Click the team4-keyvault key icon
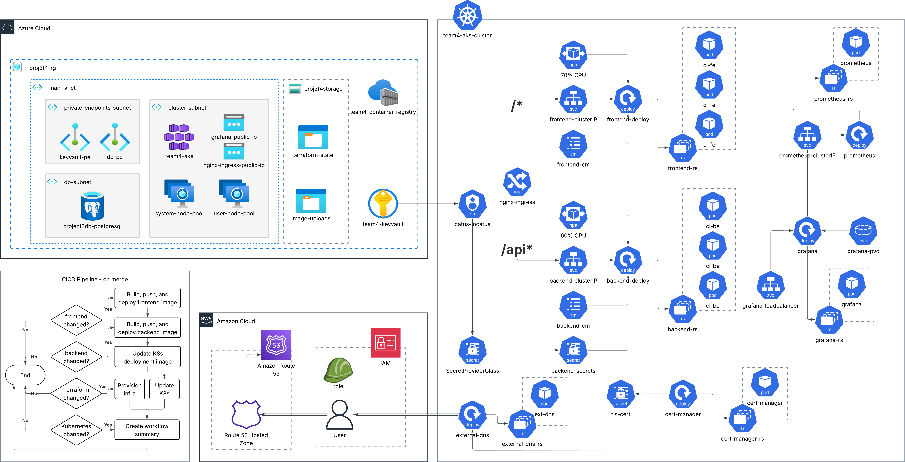pyautogui.click(x=383, y=204)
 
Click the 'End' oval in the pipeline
pyautogui.click(x=25, y=375)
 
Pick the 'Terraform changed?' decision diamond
pyautogui.click(x=76, y=394)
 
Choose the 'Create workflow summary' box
pyautogui.click(x=147, y=430)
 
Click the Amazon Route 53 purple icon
pyautogui.click(x=276, y=345)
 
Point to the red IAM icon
pyautogui.click(x=385, y=343)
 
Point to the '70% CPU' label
pyautogui.click(x=573, y=75)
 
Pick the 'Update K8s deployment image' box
pyautogui.click(x=148, y=357)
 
